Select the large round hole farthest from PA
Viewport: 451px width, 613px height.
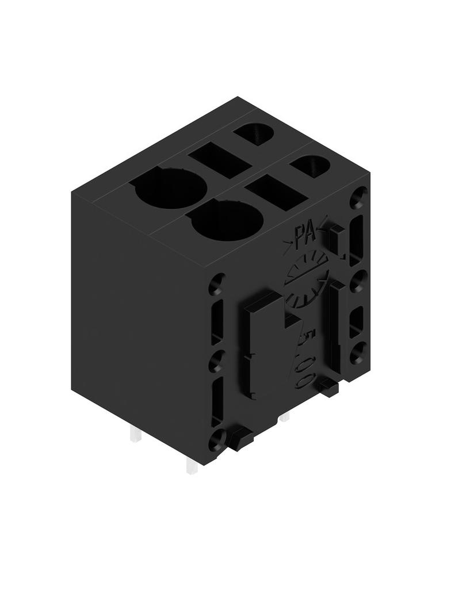[x=170, y=189]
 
